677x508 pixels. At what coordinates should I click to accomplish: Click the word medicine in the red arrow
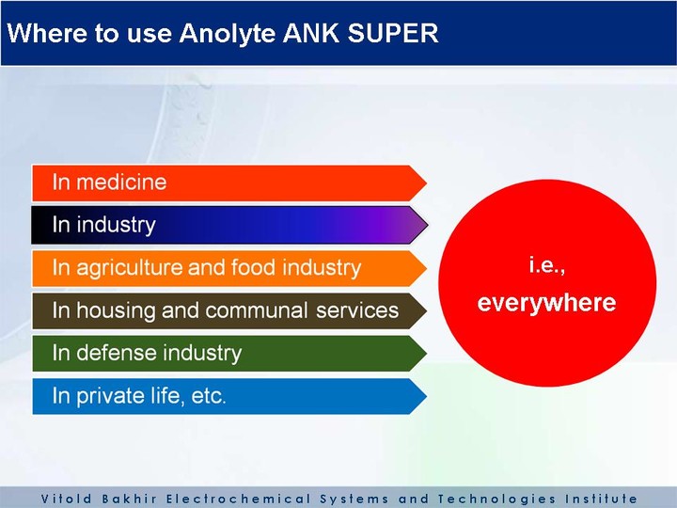(121, 182)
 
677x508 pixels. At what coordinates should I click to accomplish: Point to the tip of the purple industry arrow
(428, 225)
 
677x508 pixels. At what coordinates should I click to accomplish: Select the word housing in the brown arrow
(116, 311)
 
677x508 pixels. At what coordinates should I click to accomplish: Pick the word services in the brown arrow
(357, 311)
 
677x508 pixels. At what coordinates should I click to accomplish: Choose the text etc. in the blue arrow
(208, 397)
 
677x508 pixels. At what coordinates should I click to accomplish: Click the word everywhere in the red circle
(546, 303)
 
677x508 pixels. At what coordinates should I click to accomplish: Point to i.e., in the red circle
(547, 265)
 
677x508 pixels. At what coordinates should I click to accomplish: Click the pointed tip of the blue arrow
(427, 397)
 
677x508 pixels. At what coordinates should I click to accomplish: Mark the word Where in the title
(47, 33)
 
